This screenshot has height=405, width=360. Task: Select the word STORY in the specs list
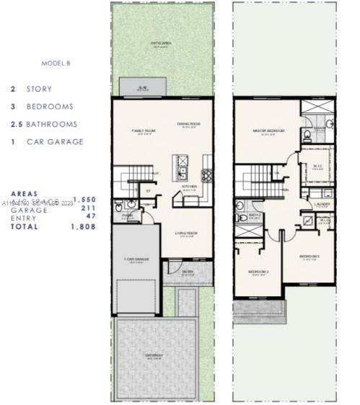tap(40, 89)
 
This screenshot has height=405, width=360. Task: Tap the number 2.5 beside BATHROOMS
tap(16, 124)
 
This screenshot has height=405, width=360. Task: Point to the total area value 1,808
tap(83, 226)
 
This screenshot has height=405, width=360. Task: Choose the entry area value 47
tap(90, 218)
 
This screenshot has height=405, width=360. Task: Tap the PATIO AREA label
tap(160, 45)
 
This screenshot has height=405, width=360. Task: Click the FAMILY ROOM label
tap(144, 131)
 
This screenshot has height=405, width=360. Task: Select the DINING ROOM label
tap(189, 124)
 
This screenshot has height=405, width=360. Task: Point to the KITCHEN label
tap(189, 185)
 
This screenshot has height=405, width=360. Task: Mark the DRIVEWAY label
tap(155, 355)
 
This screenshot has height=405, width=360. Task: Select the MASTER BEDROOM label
tap(268, 131)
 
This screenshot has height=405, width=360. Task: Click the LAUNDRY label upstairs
tap(322, 204)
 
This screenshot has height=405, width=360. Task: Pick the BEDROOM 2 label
tap(258, 272)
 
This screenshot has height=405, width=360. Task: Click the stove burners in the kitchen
tap(206, 174)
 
